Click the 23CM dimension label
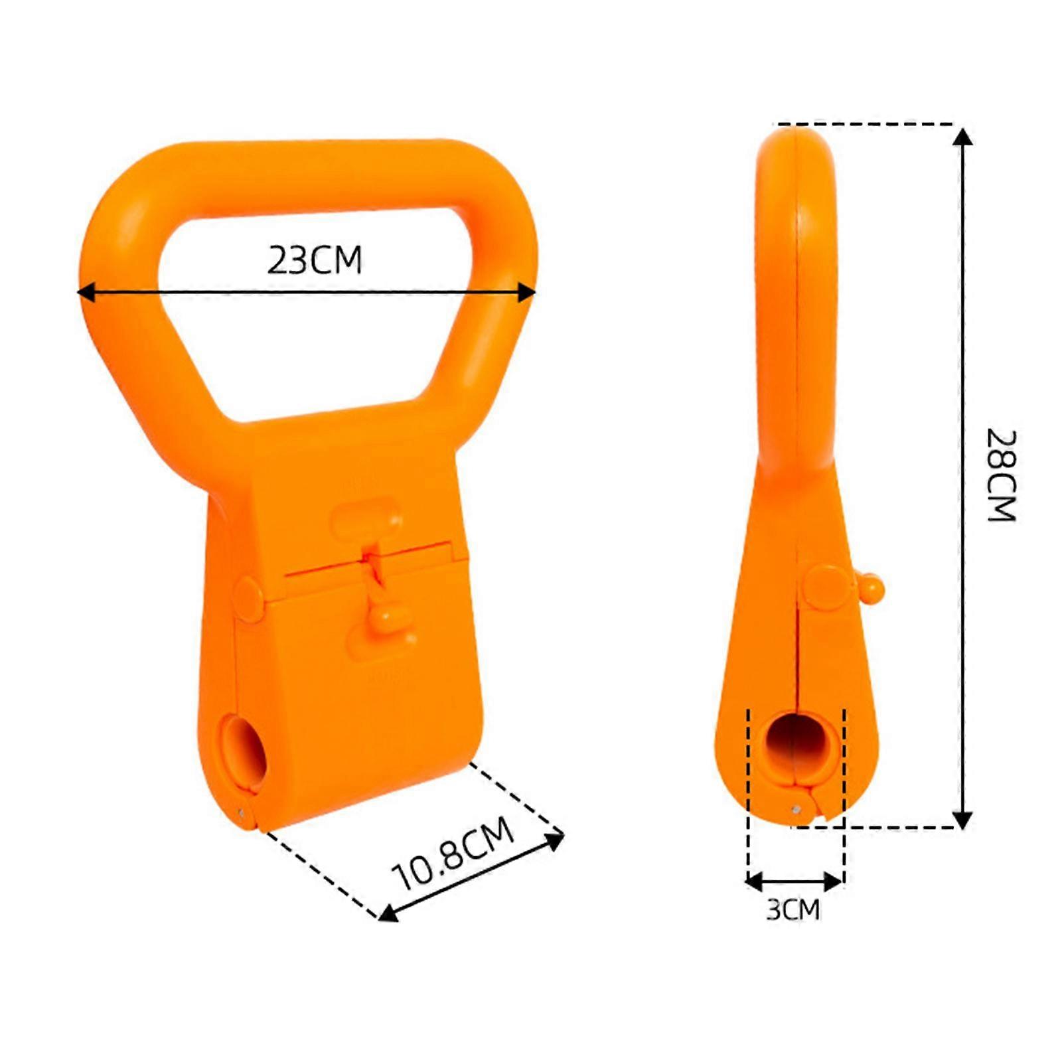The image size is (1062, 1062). pos(315,260)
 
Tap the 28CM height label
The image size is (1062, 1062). pos(1002,475)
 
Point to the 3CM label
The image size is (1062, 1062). pos(793,909)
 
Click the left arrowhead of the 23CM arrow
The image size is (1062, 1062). pos(85,292)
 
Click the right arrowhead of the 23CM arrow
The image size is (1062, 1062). pos(527,292)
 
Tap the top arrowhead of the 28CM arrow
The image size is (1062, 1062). pos(962,137)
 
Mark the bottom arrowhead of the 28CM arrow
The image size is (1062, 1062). pos(962,820)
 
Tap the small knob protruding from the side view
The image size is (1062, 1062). pos(872,586)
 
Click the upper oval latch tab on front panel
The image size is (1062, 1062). pos(366,517)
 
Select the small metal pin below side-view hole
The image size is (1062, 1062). pos(795,808)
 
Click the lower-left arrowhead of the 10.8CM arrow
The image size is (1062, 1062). pos(388,915)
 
